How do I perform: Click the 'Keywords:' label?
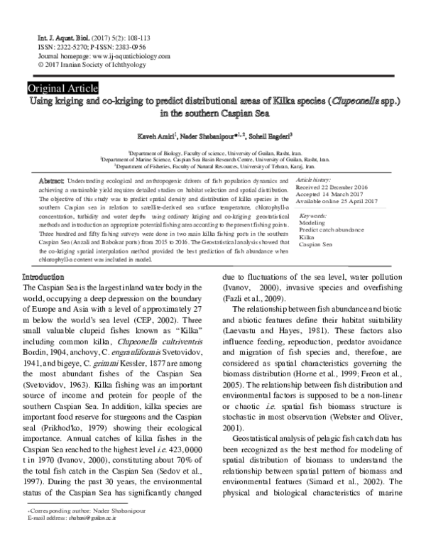point(313,215)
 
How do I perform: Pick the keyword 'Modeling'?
point(312,222)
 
